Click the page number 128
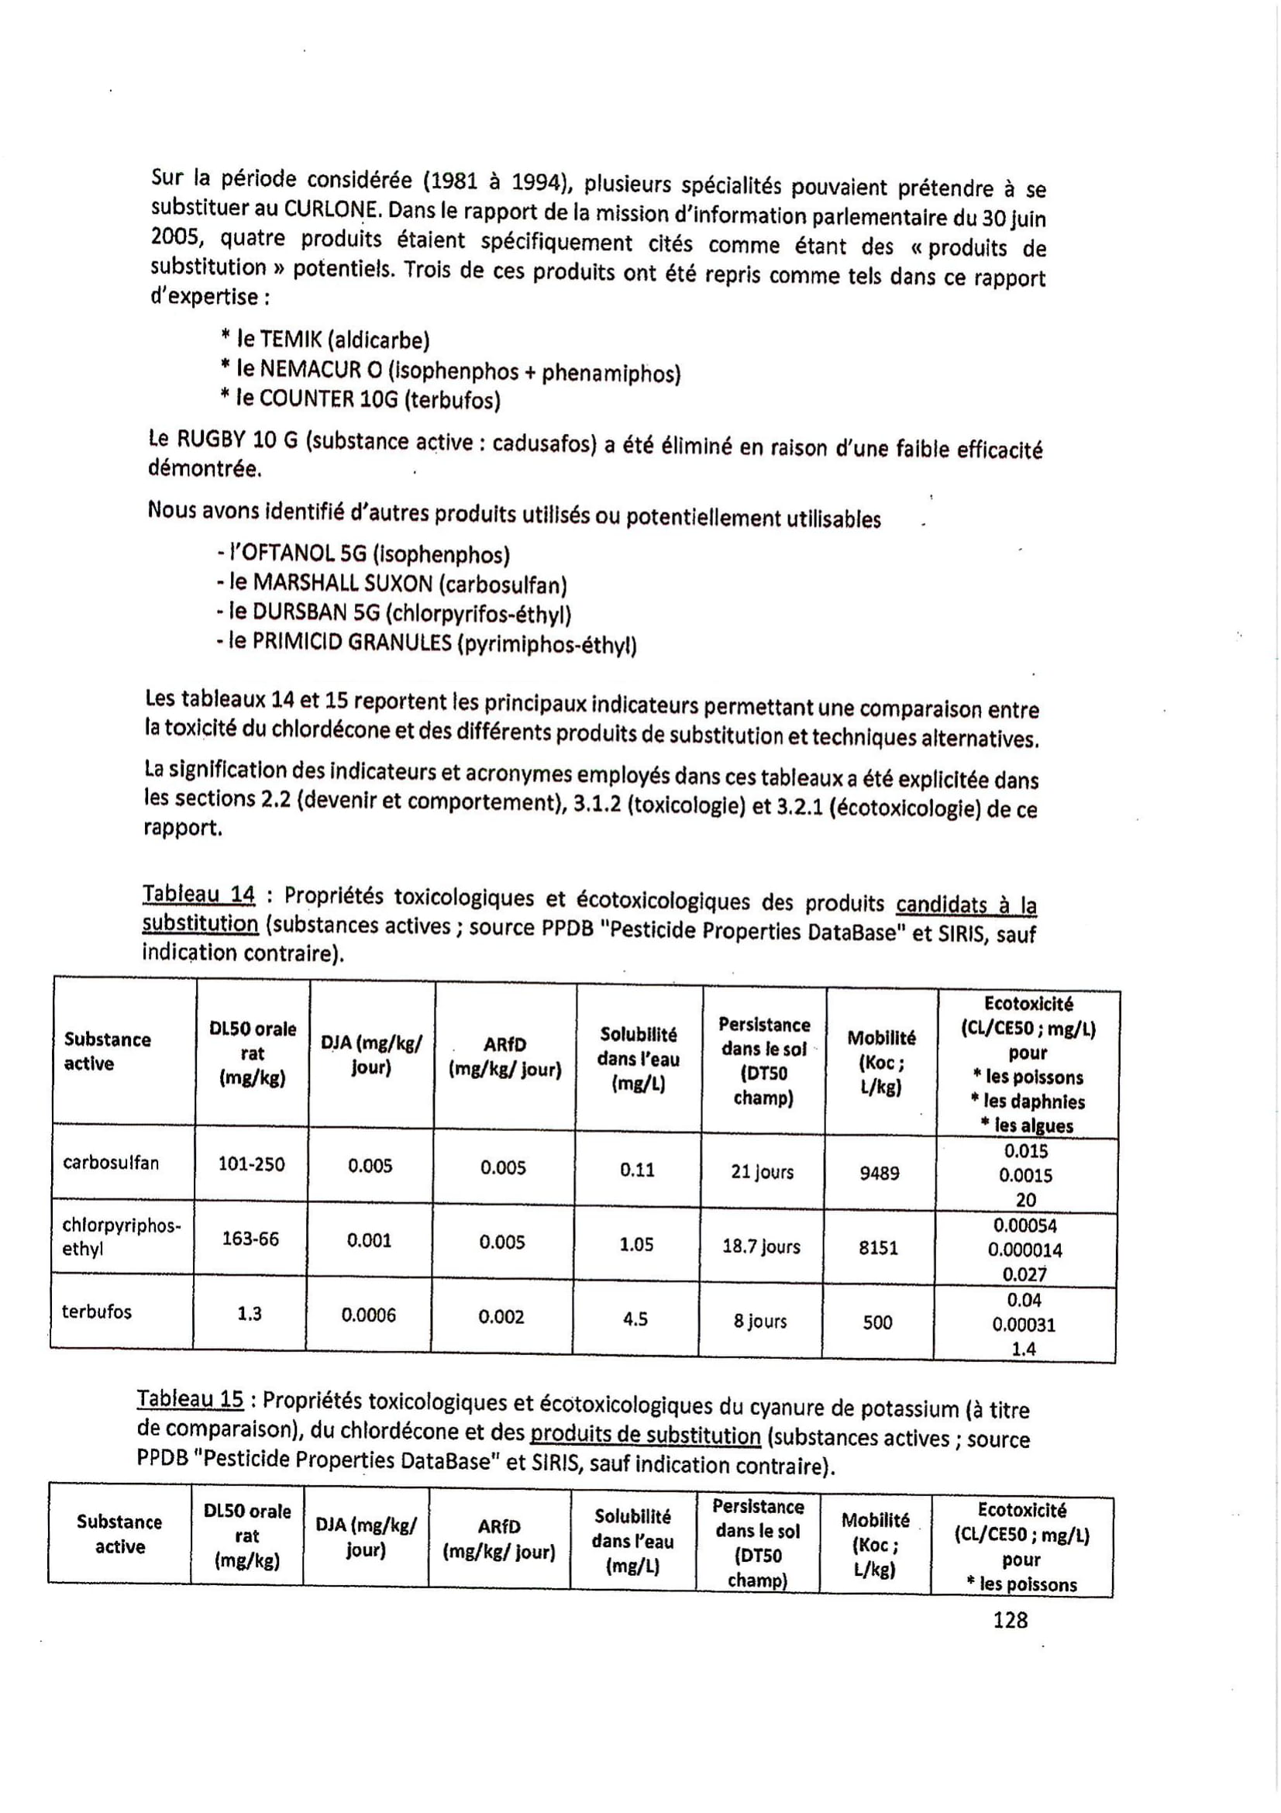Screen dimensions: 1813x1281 1011,1620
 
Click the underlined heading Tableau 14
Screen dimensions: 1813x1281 198,894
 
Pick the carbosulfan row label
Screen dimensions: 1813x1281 111,1163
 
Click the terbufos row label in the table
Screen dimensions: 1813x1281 96,1311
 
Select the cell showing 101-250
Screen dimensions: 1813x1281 251,1164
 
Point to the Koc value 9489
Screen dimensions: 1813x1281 880,1174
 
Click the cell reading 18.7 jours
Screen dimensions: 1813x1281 761,1247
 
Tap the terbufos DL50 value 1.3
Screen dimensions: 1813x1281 250,1313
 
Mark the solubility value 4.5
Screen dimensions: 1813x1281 635,1319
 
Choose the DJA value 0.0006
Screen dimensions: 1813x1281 369,1315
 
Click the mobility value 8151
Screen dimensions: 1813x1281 878,1248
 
